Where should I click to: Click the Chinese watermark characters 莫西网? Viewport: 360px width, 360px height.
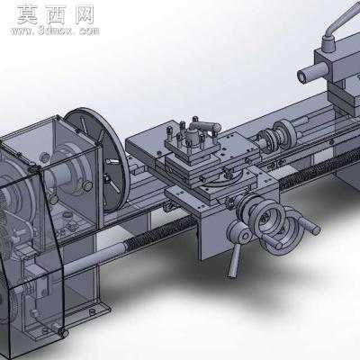(x=56, y=14)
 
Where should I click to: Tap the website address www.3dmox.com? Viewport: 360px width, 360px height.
(x=55, y=31)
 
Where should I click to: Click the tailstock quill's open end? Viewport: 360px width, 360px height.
(x=302, y=76)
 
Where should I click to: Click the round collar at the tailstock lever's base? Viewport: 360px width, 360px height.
(x=329, y=43)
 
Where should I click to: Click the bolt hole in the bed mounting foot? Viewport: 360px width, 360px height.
(x=93, y=312)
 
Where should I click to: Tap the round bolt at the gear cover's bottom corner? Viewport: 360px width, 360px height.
(x=63, y=332)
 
